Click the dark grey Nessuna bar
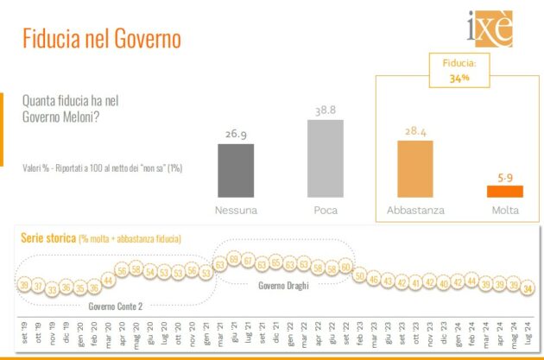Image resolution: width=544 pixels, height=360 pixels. pyautogui.click(x=236, y=171)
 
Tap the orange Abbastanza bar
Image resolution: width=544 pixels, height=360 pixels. pyautogui.click(x=414, y=168)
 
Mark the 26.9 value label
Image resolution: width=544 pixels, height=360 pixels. pyautogui.click(x=236, y=136)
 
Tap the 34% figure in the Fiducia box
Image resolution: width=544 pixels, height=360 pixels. pyautogui.click(x=459, y=78)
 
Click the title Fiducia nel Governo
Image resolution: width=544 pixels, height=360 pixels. pyautogui.click(x=100, y=40)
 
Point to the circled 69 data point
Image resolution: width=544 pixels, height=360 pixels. pyautogui.click(x=234, y=262)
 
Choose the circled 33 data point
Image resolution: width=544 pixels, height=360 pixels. pyautogui.click(x=52, y=288)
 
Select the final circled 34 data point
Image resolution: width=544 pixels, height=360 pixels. pyautogui.click(x=528, y=288)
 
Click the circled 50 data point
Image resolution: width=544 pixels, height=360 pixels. pyautogui.click(x=359, y=275)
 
